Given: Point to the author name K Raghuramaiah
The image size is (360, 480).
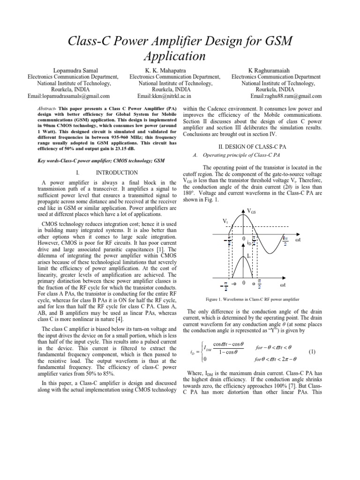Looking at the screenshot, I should (x=276, y=70).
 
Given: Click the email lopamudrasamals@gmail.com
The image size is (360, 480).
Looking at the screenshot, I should (x=68, y=96).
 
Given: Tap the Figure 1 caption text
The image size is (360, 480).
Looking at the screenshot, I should (x=253, y=299).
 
